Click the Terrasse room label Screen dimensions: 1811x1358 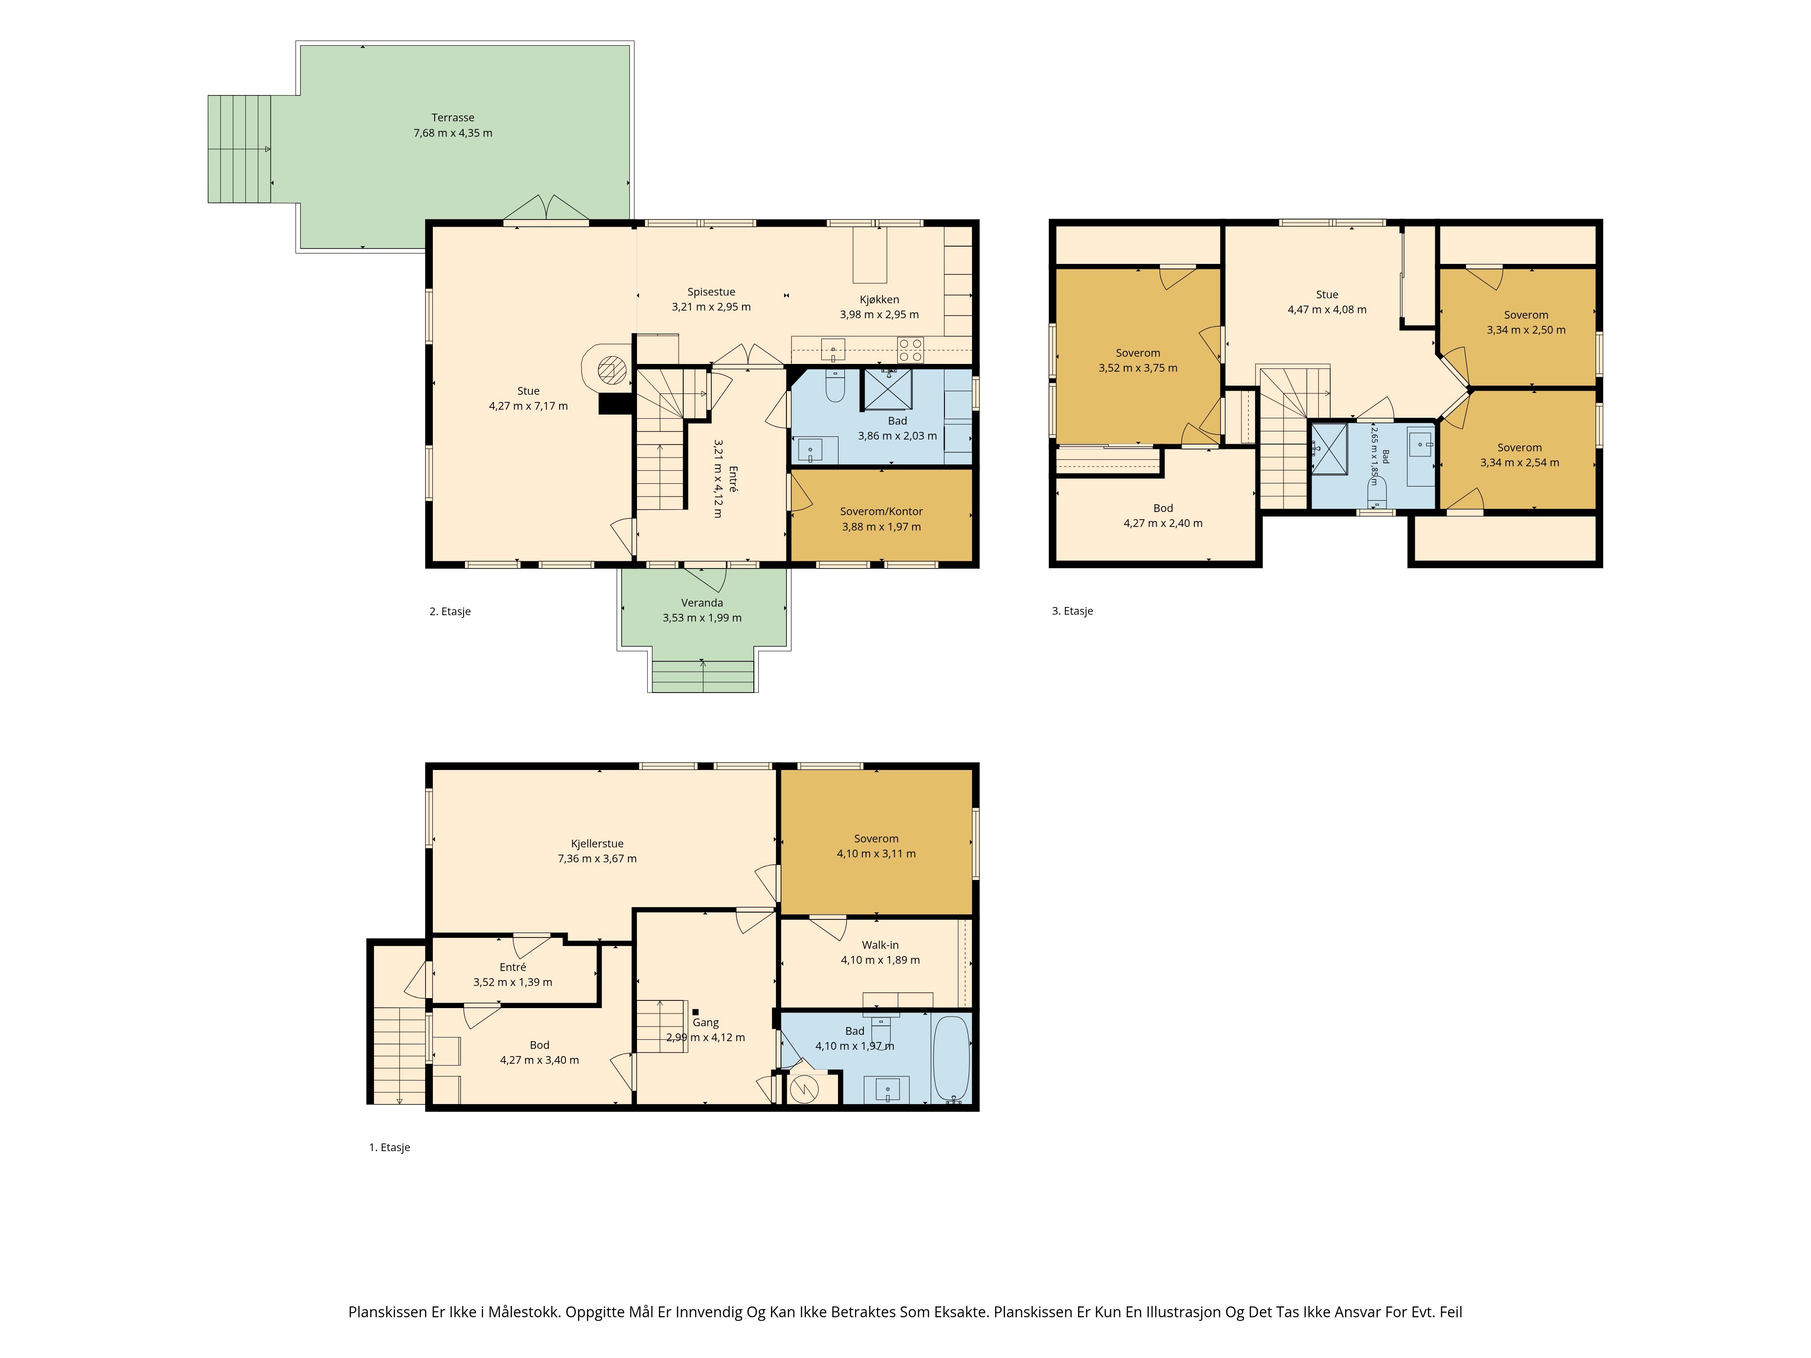pyautogui.click(x=453, y=118)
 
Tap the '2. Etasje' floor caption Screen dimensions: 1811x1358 pyautogui.click(x=450, y=612)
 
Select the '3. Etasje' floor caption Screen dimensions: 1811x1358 pyautogui.click(x=1073, y=611)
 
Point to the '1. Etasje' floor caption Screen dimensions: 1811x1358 pyautogui.click(x=390, y=1148)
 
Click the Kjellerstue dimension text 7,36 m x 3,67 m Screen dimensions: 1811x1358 pyautogui.click(x=597, y=859)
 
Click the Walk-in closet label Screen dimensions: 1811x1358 pyautogui.click(x=880, y=946)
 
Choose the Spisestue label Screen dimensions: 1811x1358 pyautogui.click(x=711, y=292)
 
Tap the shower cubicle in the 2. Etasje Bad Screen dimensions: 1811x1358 pyautogui.click(x=887, y=390)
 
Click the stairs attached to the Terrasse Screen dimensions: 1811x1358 pyautogui.click(x=239, y=149)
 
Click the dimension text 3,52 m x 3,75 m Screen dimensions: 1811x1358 pyautogui.click(x=1138, y=368)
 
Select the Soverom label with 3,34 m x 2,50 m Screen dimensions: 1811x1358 pyautogui.click(x=1526, y=315)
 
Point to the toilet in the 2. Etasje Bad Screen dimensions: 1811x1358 pyautogui.click(x=835, y=387)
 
